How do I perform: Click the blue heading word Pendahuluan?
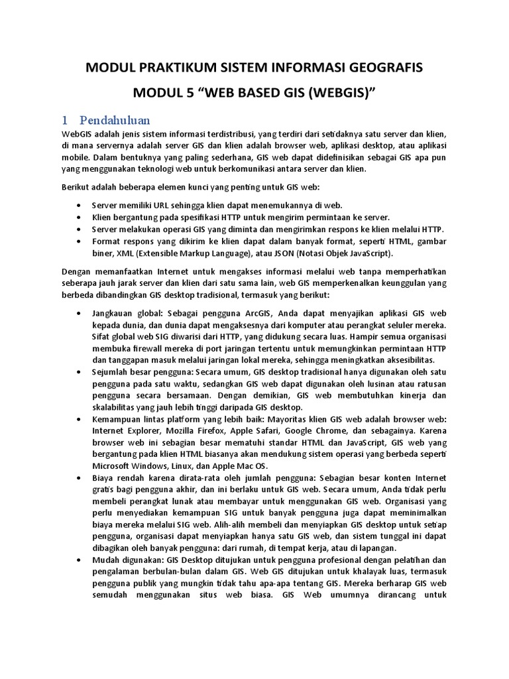tap(115, 120)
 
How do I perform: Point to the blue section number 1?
tap(65, 120)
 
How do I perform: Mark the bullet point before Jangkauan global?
tap(80, 313)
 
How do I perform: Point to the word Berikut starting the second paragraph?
tap(78, 188)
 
